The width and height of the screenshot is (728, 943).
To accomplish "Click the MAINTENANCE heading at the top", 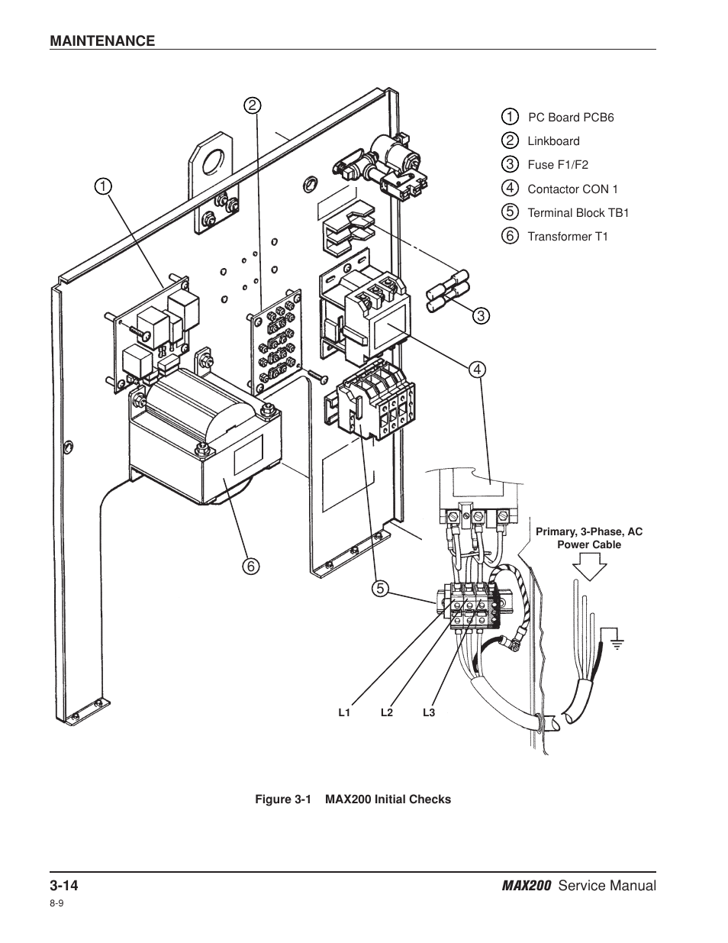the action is pyautogui.click(x=102, y=40).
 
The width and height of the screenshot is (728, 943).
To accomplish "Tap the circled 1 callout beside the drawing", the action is pyautogui.click(x=103, y=186).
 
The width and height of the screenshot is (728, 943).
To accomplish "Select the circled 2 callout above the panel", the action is pyautogui.click(x=253, y=105).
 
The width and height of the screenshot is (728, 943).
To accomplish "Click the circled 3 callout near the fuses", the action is pyautogui.click(x=481, y=315).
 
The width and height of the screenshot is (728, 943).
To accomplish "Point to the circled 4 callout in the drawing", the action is pyautogui.click(x=477, y=370).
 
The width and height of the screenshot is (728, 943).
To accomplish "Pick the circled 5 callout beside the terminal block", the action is pyautogui.click(x=380, y=589).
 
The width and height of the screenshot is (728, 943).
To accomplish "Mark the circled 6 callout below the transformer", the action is pyautogui.click(x=251, y=567).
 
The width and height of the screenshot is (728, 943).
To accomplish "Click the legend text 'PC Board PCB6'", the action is pyautogui.click(x=571, y=118).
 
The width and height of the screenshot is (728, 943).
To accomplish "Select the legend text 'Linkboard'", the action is pyautogui.click(x=553, y=141).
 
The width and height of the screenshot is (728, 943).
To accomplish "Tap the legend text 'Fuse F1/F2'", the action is pyautogui.click(x=558, y=165).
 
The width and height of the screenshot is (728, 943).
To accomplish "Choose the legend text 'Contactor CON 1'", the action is pyautogui.click(x=572, y=189).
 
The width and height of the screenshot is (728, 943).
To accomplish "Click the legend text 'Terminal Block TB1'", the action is pyautogui.click(x=578, y=213).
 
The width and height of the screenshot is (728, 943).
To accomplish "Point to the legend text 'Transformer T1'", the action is pyautogui.click(x=568, y=237).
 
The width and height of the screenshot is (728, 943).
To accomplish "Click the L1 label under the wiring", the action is pyautogui.click(x=344, y=712).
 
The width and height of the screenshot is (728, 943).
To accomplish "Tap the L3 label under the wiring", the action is pyautogui.click(x=429, y=712).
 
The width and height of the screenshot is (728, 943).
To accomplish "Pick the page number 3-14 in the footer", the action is pyautogui.click(x=64, y=886).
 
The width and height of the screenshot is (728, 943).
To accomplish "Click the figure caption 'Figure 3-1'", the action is pyautogui.click(x=283, y=799).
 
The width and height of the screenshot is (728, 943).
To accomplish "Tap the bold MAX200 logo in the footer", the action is pyautogui.click(x=527, y=886).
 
